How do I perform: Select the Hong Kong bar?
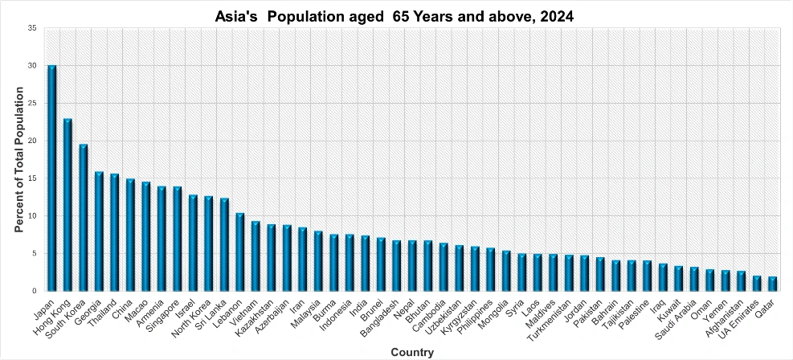67,205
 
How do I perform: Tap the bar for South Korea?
84,218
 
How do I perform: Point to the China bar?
130,235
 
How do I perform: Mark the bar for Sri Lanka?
224,245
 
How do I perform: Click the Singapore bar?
177,239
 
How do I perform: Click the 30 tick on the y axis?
31,66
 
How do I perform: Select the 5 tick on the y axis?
34,253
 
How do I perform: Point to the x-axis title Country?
412,352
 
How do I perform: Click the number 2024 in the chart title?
559,16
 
